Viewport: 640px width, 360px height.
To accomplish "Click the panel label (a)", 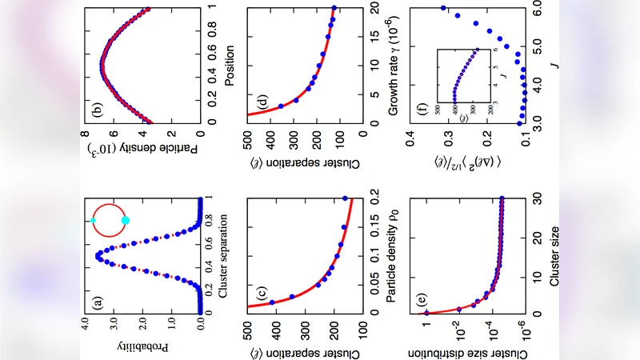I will [x=98, y=302].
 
